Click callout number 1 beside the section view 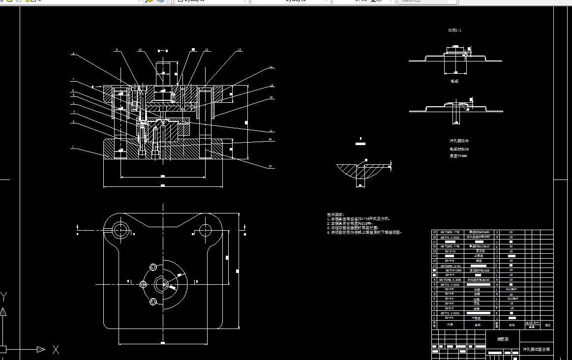click(x=73, y=147)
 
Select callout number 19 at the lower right click(x=270, y=167)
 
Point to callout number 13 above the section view click(x=240, y=50)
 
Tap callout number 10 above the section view click(x=140, y=50)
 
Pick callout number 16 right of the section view click(x=271, y=98)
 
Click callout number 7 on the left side click(x=73, y=80)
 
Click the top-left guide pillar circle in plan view click(x=120, y=229)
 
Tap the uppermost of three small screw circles click(x=153, y=267)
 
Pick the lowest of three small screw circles click(x=153, y=301)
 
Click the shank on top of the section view click(x=165, y=71)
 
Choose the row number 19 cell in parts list click(x=434, y=232)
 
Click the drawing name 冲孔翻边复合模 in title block click(x=536, y=349)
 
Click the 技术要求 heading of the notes click(x=335, y=214)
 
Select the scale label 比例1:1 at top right click(x=454, y=30)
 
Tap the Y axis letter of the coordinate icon click(x=4, y=296)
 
